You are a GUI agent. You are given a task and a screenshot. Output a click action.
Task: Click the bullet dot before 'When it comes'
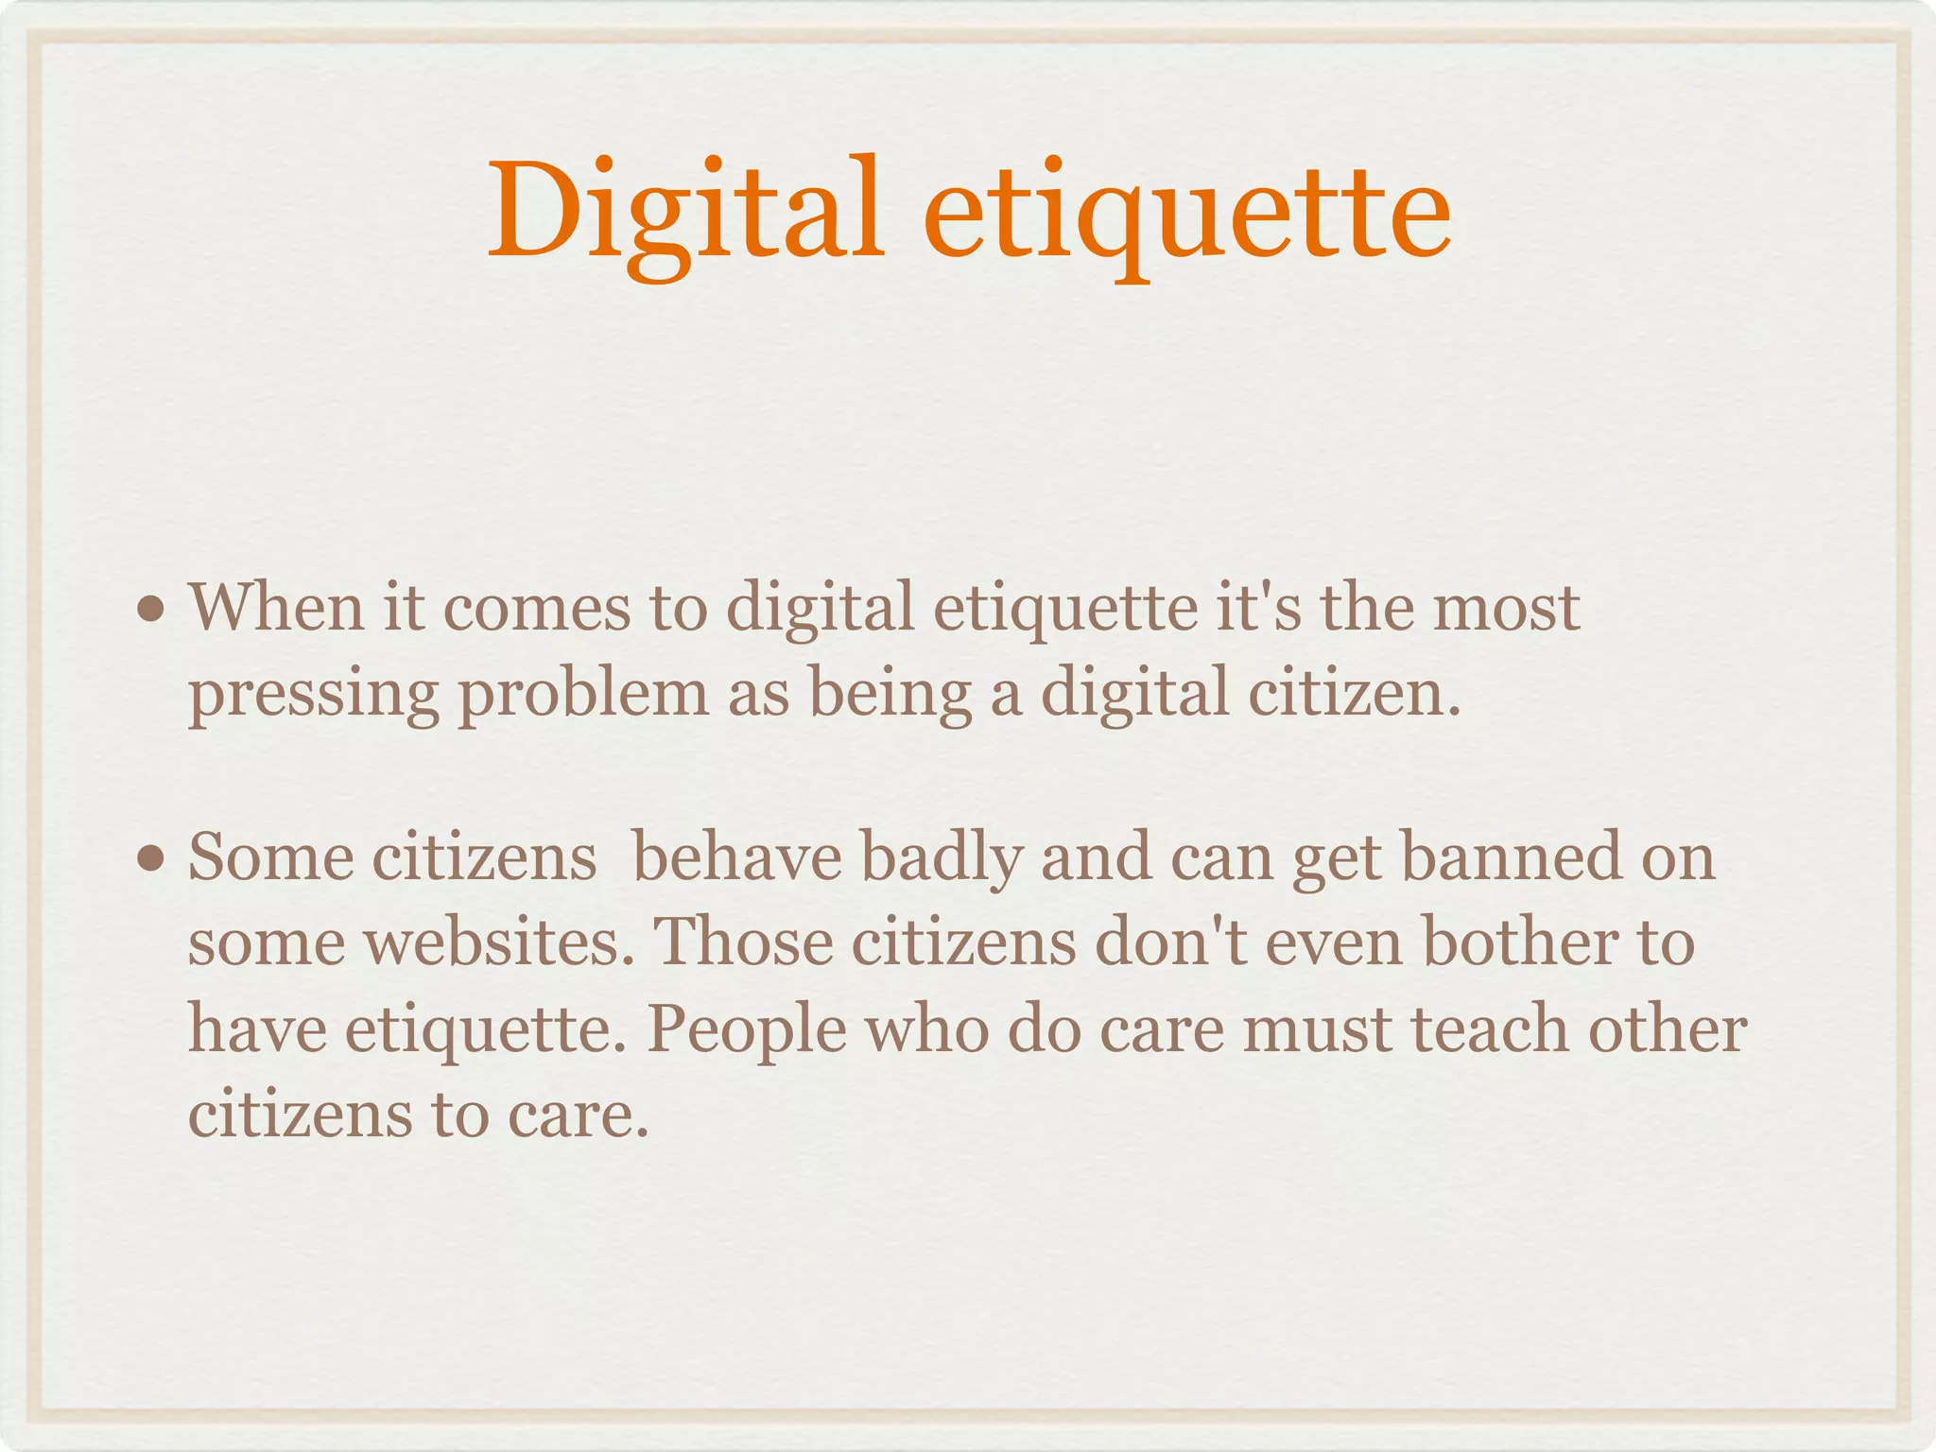(x=149, y=610)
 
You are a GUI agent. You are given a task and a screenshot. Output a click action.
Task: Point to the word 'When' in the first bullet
(x=276, y=607)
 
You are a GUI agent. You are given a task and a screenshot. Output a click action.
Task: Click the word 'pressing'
(x=313, y=695)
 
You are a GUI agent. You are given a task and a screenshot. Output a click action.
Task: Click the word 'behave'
(x=736, y=857)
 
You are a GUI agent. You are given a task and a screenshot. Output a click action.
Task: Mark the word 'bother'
(x=1530, y=942)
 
